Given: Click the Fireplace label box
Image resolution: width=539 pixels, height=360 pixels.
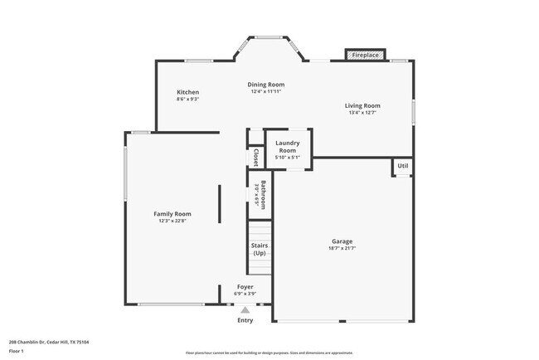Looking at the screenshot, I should click(365, 55).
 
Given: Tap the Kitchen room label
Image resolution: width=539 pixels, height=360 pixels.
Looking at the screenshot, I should click(187, 92).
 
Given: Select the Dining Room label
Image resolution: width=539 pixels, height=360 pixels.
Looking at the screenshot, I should click(266, 85).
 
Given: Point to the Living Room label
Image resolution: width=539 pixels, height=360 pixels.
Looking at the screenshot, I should click(362, 105).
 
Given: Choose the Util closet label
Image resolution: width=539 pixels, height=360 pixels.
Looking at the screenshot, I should click(402, 167).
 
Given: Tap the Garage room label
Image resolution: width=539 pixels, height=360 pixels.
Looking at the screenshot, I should click(342, 242).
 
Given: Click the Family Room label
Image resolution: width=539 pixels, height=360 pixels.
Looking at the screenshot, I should click(172, 214).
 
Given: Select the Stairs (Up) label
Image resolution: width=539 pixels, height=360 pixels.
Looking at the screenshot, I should click(259, 249).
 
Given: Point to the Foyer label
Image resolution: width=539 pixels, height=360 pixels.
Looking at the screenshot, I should click(245, 287).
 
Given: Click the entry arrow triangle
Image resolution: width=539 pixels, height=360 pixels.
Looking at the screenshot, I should click(245, 309).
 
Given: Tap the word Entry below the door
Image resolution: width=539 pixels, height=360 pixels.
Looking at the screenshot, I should click(245, 320).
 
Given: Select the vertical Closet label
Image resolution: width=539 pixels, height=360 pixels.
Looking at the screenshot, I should click(255, 158).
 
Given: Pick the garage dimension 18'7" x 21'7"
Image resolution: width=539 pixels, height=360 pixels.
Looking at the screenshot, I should click(342, 249).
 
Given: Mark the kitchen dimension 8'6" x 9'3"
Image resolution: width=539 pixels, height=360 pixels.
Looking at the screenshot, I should click(187, 100).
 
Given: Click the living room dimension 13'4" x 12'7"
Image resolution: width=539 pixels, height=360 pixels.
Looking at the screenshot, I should click(362, 113).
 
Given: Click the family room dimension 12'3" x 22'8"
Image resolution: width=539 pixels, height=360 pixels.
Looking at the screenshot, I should click(172, 221).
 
